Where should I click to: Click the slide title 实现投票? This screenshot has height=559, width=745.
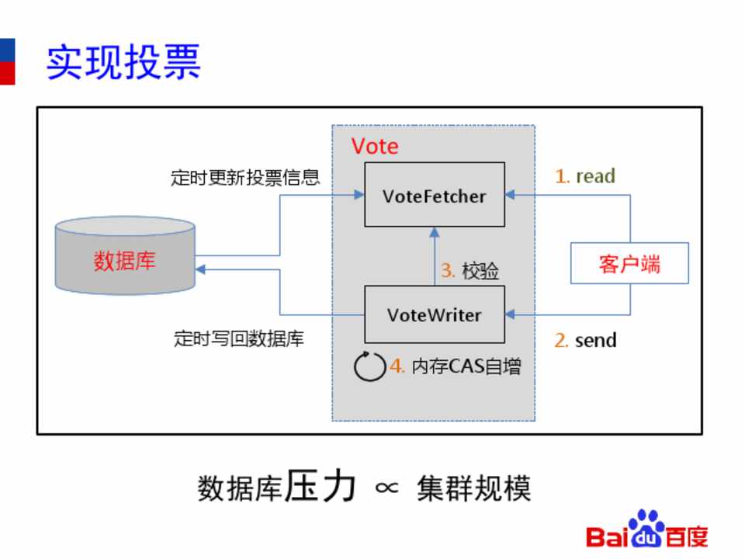pyautogui.click(x=124, y=62)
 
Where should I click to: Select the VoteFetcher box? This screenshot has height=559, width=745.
pyautogui.click(x=435, y=195)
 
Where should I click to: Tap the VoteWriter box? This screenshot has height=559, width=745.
pyautogui.click(x=435, y=314)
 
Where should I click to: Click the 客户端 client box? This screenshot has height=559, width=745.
pyautogui.click(x=629, y=263)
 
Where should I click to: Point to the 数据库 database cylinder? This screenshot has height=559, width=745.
pyautogui.click(x=125, y=257)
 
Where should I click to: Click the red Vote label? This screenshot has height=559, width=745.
pyautogui.click(x=375, y=146)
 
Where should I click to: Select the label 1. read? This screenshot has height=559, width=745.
pyautogui.click(x=585, y=176)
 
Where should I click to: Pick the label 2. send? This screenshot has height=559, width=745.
pyautogui.click(x=585, y=340)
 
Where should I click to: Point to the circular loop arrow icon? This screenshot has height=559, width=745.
pyautogui.click(x=369, y=366)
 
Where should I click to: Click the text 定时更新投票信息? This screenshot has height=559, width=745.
pyautogui.click(x=245, y=178)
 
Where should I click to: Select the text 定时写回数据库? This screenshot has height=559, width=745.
pyautogui.click(x=239, y=339)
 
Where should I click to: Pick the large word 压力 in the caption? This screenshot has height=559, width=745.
pyautogui.click(x=319, y=486)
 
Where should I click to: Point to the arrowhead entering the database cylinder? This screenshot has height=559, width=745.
pyautogui.click(x=200, y=269)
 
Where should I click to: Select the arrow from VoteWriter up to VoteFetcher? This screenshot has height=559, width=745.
pyautogui.click(x=435, y=256)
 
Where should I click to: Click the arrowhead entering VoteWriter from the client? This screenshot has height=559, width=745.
pyautogui.click(x=510, y=314)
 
